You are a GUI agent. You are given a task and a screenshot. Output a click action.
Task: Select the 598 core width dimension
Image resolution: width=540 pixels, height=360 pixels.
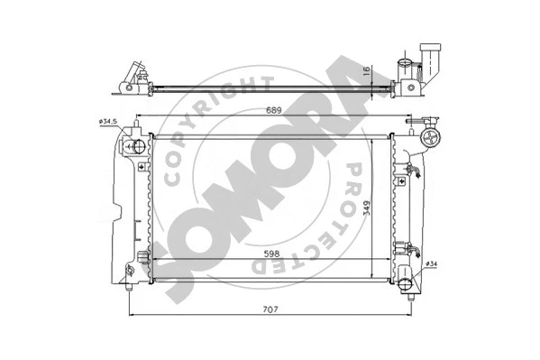(270, 255)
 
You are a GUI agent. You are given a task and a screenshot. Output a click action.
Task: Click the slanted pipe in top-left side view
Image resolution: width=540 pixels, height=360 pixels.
(134, 72)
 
